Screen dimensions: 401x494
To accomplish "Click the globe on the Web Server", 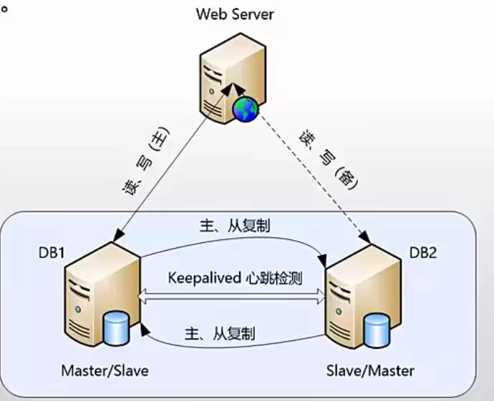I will coord(245,109).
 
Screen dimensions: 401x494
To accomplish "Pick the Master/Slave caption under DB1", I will coord(105,371).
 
